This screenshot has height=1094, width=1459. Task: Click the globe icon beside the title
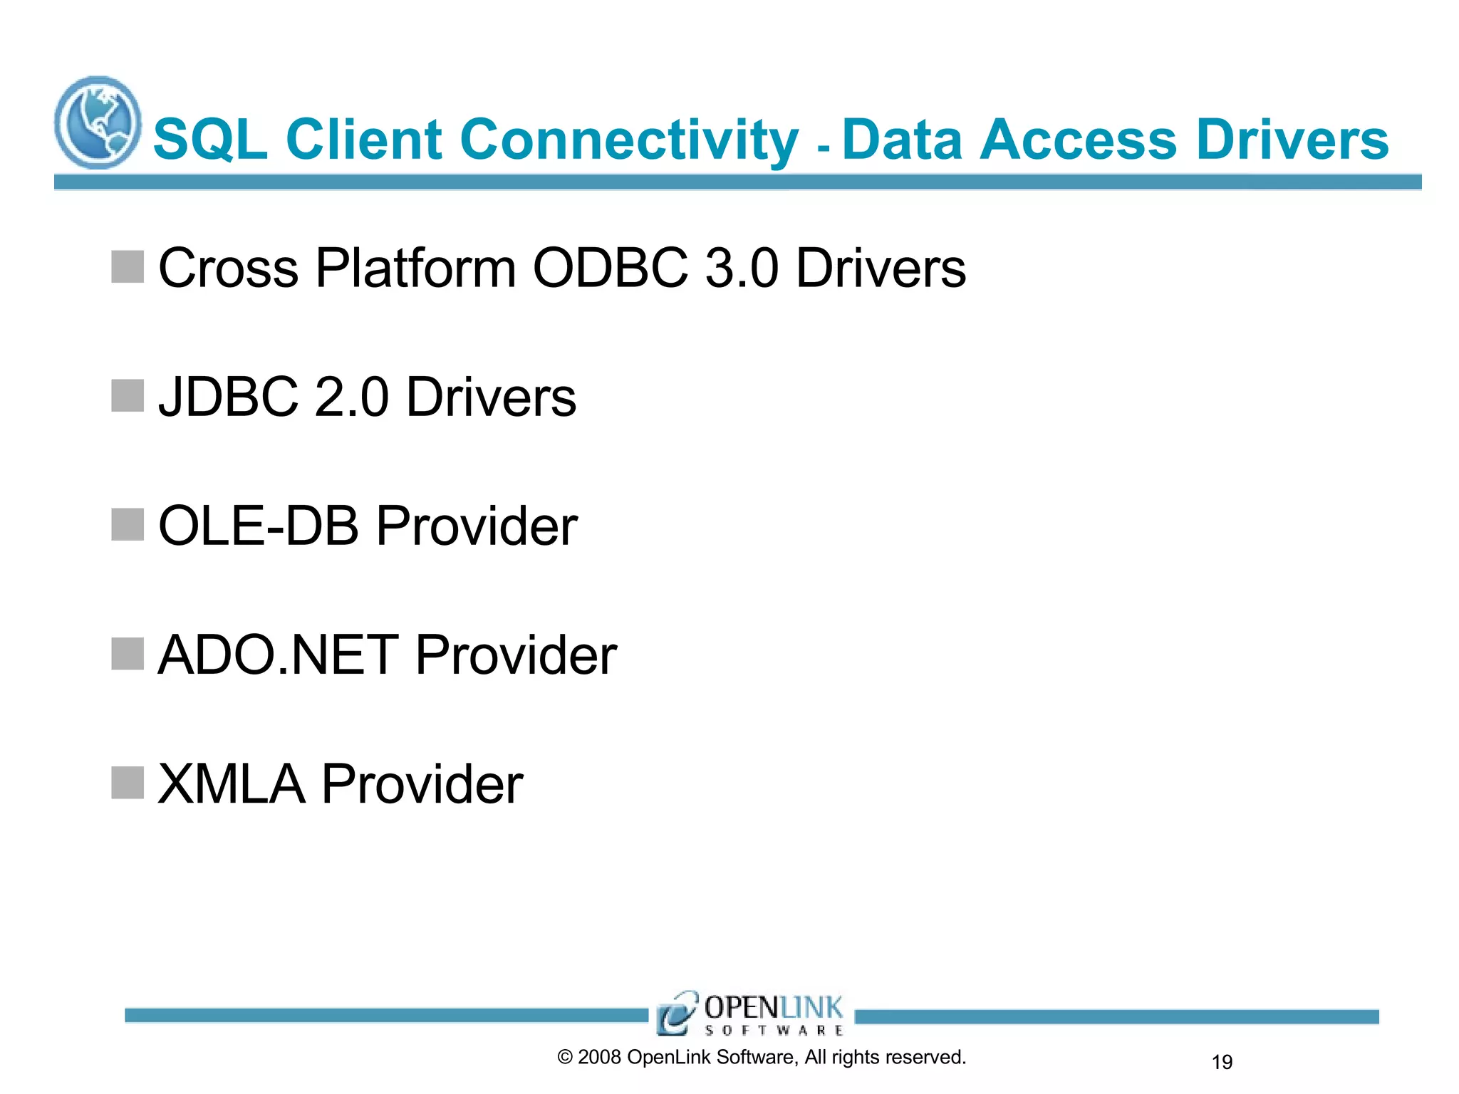(98, 123)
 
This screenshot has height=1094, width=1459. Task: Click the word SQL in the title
(210, 140)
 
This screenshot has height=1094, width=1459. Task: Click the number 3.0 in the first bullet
(741, 269)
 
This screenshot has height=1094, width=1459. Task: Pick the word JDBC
(228, 397)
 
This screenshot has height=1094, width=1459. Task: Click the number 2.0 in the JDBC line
(351, 397)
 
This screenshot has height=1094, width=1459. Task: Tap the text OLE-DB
(258, 526)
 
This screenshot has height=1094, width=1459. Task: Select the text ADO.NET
(278, 655)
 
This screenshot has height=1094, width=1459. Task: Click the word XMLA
(231, 784)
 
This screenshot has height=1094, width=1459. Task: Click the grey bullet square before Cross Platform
(128, 266)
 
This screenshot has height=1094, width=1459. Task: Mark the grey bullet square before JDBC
(128, 395)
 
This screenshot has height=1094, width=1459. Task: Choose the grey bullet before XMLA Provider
(128, 783)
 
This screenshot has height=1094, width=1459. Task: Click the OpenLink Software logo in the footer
(750, 1014)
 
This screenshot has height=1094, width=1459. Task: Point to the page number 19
(1222, 1062)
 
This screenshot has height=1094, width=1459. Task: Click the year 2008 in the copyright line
(599, 1057)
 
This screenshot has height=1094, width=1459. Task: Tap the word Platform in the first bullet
(415, 269)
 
